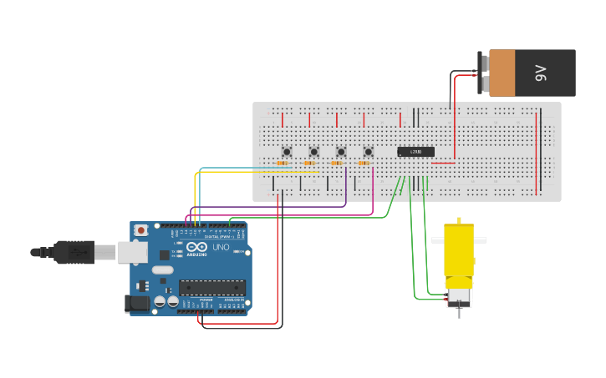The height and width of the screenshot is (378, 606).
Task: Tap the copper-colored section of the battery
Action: (x=502, y=73)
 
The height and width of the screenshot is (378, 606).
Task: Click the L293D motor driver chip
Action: (x=415, y=151)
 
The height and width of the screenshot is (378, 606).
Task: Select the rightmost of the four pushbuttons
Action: (x=368, y=151)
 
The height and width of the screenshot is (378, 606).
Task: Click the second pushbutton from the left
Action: (x=313, y=151)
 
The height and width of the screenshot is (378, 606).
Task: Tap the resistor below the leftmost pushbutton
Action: (x=283, y=164)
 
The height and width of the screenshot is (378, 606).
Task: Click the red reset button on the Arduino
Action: (x=141, y=229)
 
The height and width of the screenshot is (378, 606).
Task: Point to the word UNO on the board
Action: (x=220, y=248)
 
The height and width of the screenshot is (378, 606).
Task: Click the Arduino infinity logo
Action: (x=197, y=248)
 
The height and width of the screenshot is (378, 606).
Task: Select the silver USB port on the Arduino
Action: (x=132, y=251)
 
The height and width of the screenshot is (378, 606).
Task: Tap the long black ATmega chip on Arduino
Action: (x=211, y=287)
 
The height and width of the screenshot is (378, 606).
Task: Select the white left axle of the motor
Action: (x=437, y=240)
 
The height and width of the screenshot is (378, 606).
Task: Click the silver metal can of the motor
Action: (x=459, y=296)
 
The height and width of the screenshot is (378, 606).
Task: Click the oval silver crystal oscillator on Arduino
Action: (x=163, y=270)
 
